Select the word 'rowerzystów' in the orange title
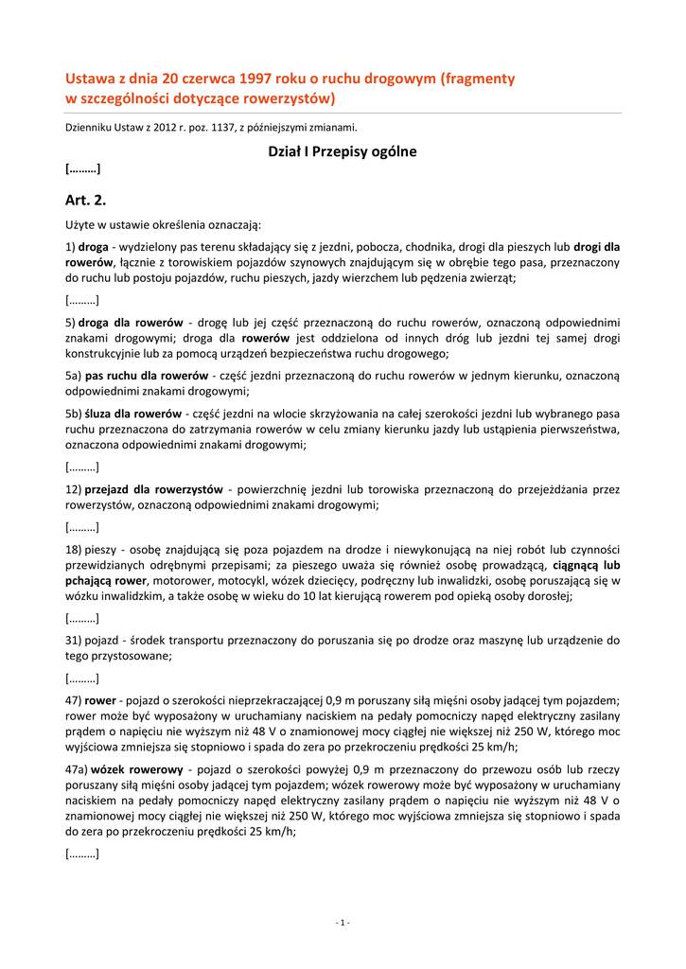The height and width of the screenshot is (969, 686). coord(286,97)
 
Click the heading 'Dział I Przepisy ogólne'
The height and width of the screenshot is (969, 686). coord(343,151)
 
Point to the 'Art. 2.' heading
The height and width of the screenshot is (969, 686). coord(86,200)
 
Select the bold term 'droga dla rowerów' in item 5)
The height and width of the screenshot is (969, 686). coord(132,323)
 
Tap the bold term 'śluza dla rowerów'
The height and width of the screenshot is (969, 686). coord(132,414)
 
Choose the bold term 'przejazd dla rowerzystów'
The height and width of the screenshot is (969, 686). coord(153,489)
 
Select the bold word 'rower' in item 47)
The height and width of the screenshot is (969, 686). coord(100,700)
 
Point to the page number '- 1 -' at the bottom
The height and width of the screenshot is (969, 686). coord(343,922)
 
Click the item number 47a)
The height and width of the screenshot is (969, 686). coord(77,769)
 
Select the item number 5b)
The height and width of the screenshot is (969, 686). coord(74,414)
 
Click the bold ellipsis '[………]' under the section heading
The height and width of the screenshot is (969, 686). coord(83,170)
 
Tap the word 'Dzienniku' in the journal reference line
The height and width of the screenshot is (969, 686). coord(90,127)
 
